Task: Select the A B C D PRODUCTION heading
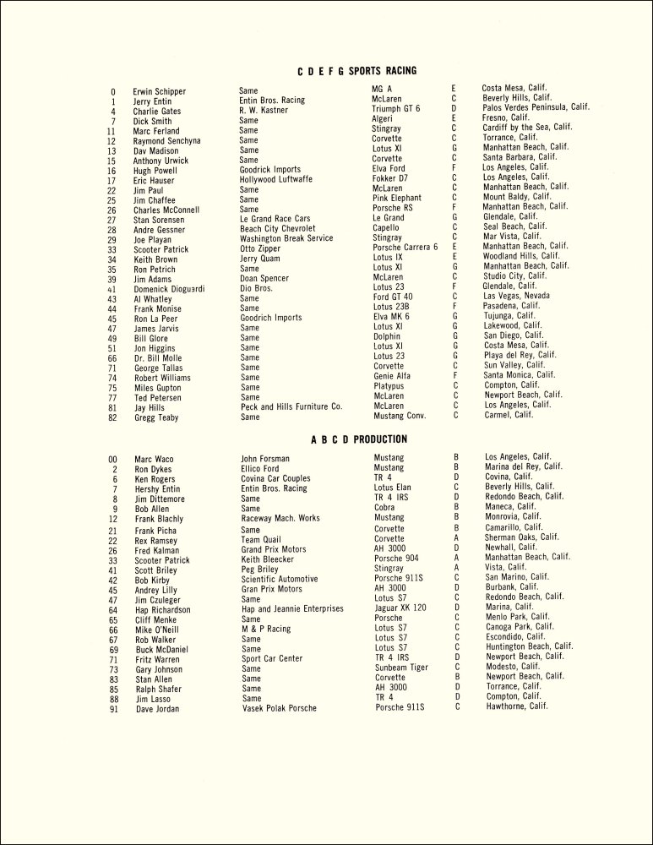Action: [359, 439]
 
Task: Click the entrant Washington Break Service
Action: [286, 238]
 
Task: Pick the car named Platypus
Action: [392, 385]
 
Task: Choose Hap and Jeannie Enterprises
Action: [292, 609]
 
